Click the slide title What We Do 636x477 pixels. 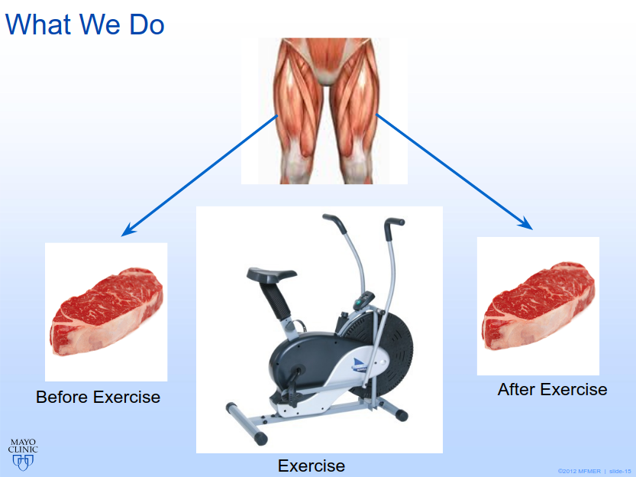click(85, 24)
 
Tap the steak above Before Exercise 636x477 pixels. click(107, 311)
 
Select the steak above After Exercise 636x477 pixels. click(539, 306)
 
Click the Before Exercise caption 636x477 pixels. click(98, 397)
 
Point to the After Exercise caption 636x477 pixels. click(553, 389)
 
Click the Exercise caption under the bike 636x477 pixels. click(312, 466)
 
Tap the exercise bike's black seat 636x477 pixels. click(271, 274)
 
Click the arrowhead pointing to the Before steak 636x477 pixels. click(128, 230)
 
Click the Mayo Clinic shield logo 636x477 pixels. click(23, 462)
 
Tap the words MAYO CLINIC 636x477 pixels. click(23, 446)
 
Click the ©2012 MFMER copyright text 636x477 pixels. click(580, 472)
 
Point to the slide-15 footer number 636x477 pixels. click(620, 472)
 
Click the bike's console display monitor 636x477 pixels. click(363, 300)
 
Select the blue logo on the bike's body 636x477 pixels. click(360, 364)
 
